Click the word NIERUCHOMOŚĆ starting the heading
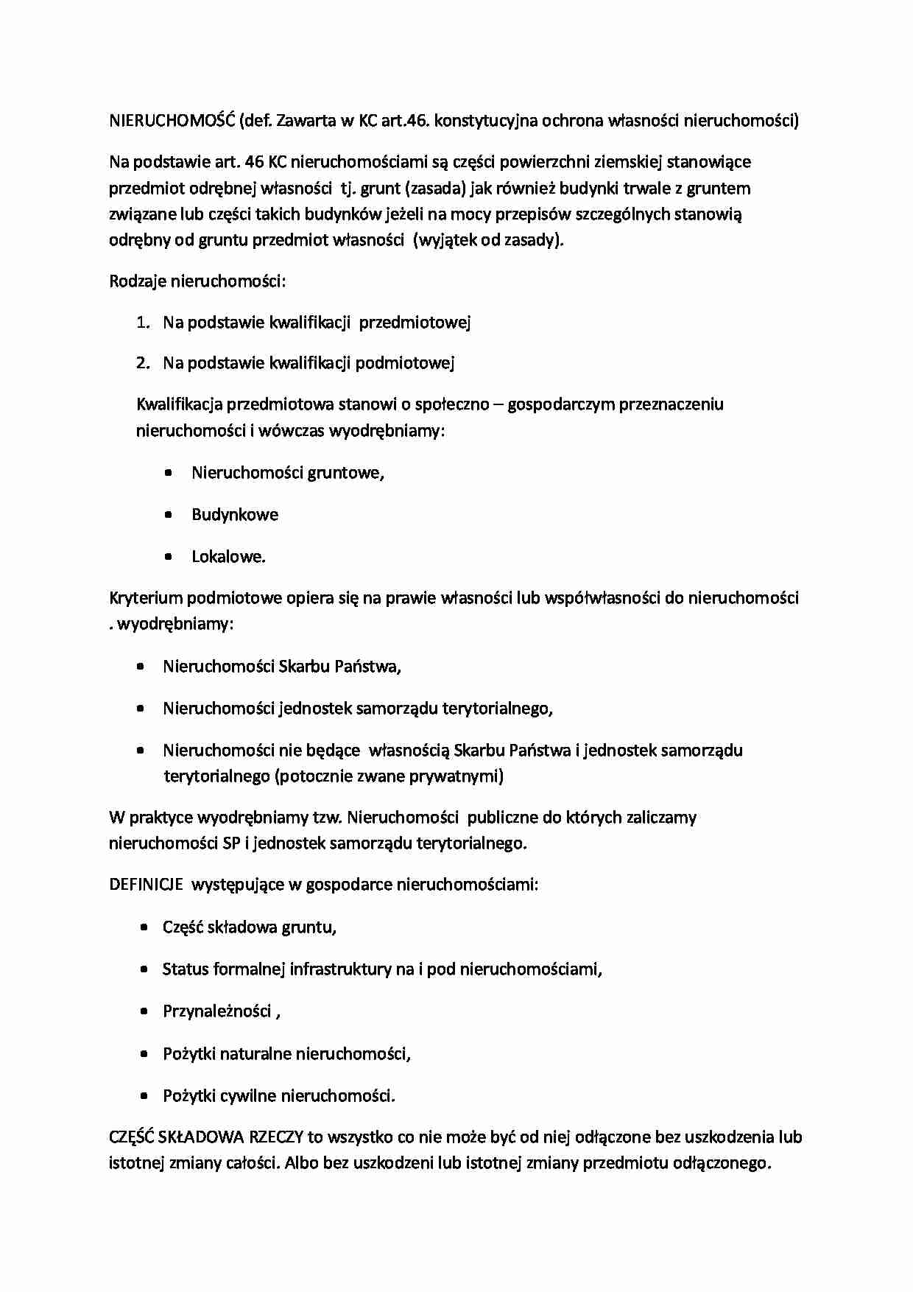(x=171, y=121)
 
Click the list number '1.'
(x=143, y=323)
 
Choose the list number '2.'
(x=143, y=363)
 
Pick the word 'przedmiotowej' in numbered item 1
(x=415, y=323)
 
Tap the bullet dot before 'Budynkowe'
(x=169, y=515)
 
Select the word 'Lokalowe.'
(x=228, y=557)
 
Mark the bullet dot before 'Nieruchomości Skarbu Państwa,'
(x=141, y=667)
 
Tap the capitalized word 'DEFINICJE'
(x=146, y=885)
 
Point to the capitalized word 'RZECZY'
(x=276, y=1137)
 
